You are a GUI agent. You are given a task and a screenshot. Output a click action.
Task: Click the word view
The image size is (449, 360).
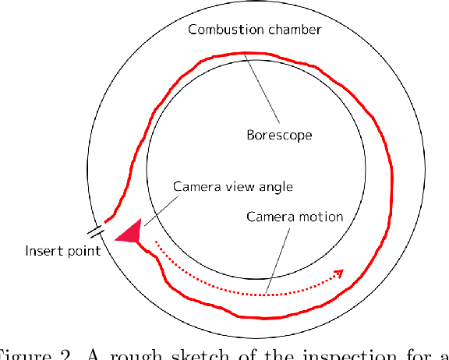(235, 187)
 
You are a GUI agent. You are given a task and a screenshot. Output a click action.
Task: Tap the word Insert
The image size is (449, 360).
(44, 251)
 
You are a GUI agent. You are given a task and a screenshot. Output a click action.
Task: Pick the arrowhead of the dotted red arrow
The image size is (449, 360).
(339, 273)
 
